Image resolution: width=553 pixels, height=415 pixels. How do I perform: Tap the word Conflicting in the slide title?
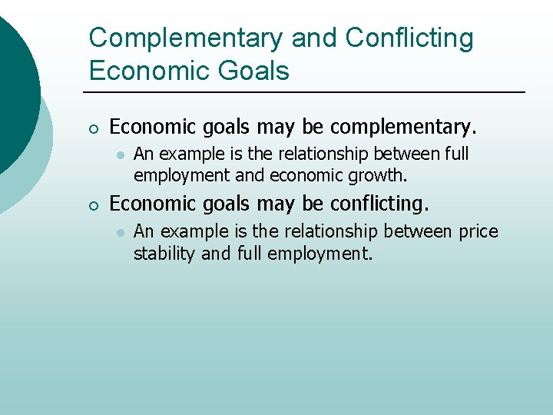point(409,38)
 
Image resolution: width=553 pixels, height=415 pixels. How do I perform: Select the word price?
point(478,231)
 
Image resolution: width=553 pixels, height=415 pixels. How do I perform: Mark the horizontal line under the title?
point(307,93)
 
